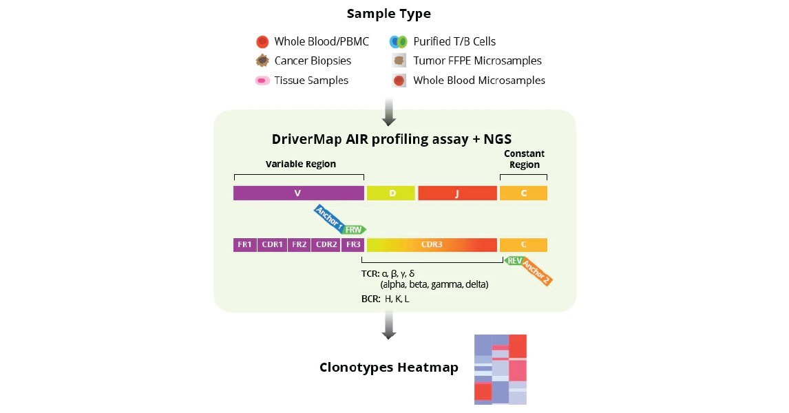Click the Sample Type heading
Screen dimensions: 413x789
pos(388,14)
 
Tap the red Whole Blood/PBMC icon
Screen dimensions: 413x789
pos(262,42)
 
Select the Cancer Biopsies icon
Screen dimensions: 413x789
pos(262,61)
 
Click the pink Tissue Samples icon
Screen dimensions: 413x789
pos(262,81)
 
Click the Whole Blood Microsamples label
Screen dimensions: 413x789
pos(478,81)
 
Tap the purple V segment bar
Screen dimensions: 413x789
pos(298,193)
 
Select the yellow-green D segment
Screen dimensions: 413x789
pos(391,193)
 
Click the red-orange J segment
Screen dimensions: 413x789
pos(457,193)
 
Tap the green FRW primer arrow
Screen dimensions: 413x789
pos(355,229)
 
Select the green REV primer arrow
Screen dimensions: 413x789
pos(514,261)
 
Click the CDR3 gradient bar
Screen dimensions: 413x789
pos(432,245)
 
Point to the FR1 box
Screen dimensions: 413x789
pos(245,245)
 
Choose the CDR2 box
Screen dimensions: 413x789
pos(326,245)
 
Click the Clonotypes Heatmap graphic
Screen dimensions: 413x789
pos(501,370)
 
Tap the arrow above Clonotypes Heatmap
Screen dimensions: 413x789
pos(389,325)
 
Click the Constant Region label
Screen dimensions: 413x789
pos(523,159)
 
